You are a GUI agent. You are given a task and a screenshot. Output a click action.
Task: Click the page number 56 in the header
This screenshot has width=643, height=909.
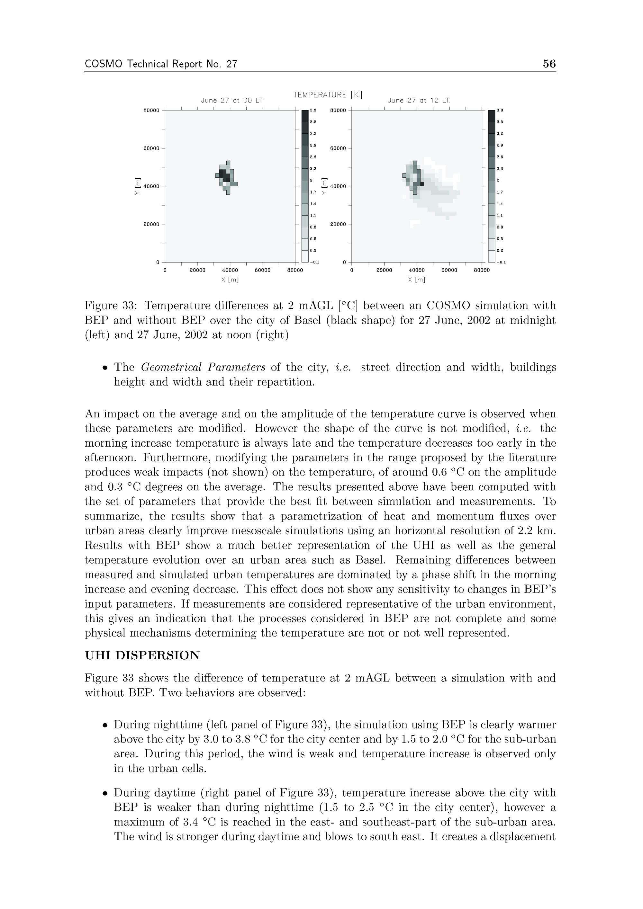pyautogui.click(x=549, y=64)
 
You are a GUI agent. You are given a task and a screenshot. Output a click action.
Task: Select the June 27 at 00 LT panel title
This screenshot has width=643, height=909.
pyautogui.click(x=232, y=101)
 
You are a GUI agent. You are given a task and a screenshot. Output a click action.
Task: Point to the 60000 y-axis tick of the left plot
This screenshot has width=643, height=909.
pyautogui.click(x=151, y=148)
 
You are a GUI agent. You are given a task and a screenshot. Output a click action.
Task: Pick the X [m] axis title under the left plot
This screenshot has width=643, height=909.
pyautogui.click(x=230, y=280)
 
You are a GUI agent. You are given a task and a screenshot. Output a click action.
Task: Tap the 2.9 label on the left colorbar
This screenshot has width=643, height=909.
pyautogui.click(x=313, y=146)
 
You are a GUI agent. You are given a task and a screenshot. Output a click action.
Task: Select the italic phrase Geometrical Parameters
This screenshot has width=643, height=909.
pyautogui.click(x=203, y=367)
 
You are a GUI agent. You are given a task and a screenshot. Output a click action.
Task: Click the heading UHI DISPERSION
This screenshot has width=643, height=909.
pyautogui.click(x=142, y=655)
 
